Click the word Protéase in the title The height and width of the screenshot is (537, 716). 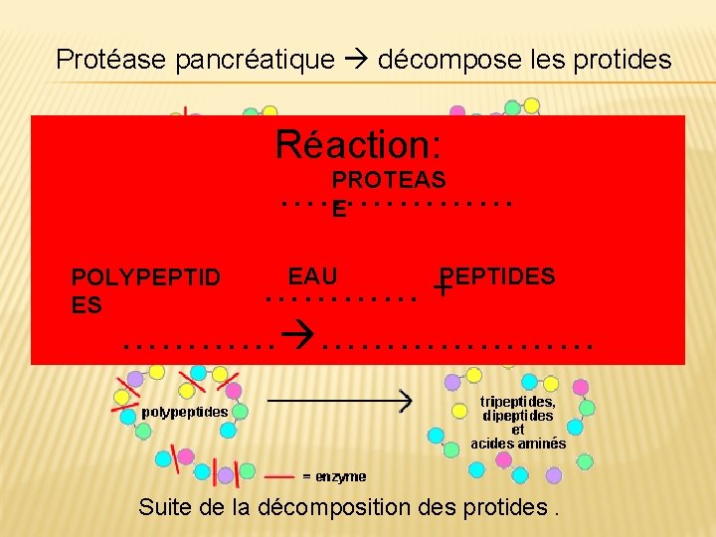tap(111, 60)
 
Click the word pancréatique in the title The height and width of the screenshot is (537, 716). tap(255, 60)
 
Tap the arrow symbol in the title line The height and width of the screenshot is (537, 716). tap(356, 60)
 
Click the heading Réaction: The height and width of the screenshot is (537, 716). tap(358, 145)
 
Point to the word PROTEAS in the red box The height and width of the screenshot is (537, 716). tap(388, 180)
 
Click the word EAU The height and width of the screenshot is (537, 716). tap(312, 276)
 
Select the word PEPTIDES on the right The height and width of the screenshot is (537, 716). tap(499, 276)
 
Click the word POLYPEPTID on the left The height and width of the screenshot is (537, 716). tap(146, 277)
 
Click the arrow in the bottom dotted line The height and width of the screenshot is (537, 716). tap(295, 345)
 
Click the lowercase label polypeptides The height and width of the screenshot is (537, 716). tap(185, 411)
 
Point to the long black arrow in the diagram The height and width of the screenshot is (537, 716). tap(338, 401)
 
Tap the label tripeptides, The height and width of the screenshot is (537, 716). tap(518, 402)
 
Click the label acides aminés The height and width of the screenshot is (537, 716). tap(518, 444)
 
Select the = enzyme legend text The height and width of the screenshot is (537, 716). tap(334, 476)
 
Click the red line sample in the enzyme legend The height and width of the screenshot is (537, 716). tap(278, 476)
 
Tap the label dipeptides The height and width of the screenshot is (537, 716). tap(518, 416)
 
